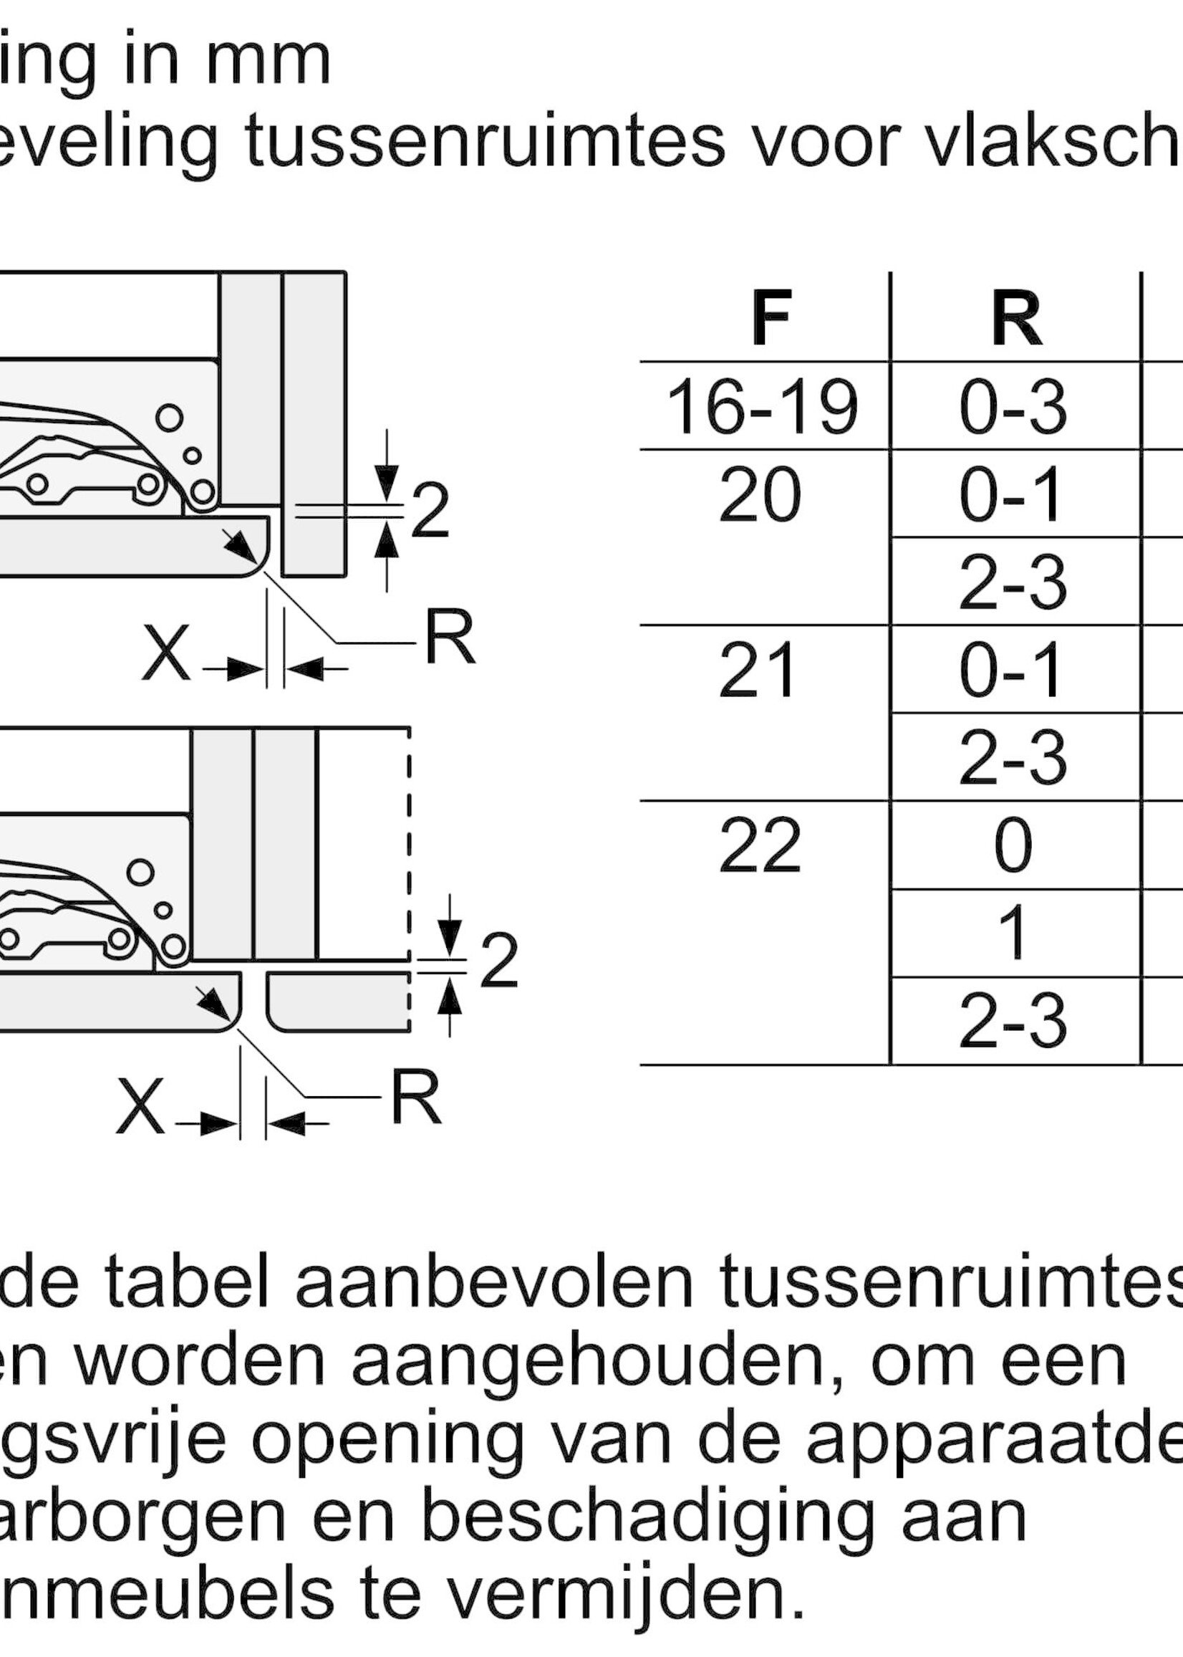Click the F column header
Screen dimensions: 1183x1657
click(771, 318)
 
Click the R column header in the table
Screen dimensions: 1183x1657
click(1016, 318)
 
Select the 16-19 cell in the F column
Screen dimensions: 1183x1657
click(762, 408)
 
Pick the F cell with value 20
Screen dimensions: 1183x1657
click(760, 496)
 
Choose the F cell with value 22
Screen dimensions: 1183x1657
click(760, 846)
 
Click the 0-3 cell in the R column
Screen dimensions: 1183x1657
click(1013, 408)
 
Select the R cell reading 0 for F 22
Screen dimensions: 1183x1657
click(1013, 846)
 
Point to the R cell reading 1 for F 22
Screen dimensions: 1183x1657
click(1013, 933)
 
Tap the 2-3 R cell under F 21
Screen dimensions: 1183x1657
click(1013, 758)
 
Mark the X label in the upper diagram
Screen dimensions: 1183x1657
click(167, 653)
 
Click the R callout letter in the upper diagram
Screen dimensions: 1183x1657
click(450, 639)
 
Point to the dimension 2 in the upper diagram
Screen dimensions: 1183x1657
click(430, 512)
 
